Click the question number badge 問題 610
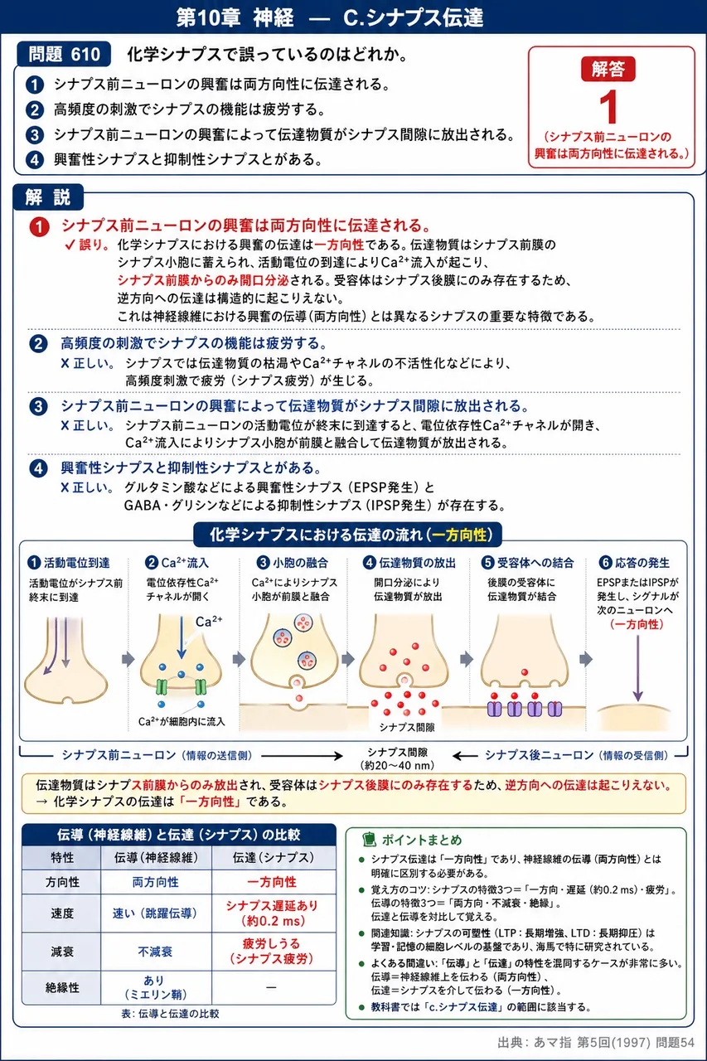64,54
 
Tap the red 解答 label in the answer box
608,70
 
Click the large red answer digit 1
609,108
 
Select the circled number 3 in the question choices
34,135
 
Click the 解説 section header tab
48,197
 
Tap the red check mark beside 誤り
70,245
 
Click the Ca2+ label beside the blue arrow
209,622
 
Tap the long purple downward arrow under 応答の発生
638,668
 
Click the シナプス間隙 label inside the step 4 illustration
407,727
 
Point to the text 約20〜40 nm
397,765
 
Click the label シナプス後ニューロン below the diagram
539,755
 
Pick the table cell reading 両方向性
155,882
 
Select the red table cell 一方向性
272,882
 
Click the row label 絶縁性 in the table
62,987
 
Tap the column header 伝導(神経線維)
157,857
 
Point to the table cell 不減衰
155,952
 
